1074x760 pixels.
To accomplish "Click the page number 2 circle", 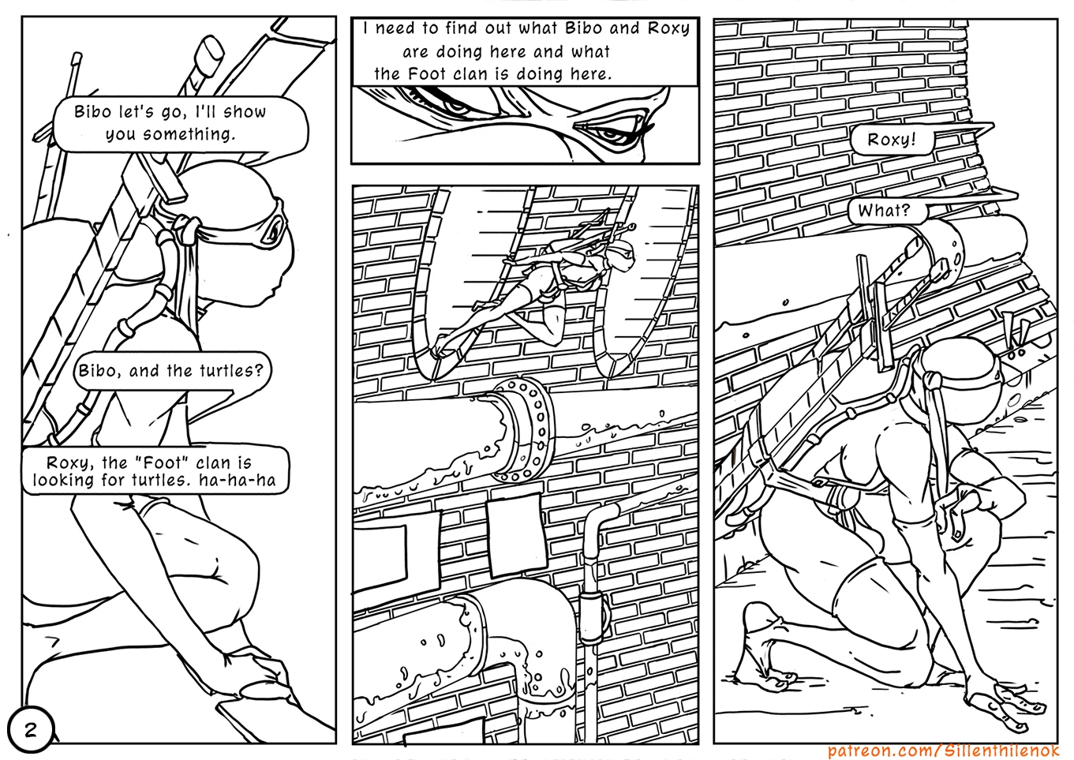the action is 30,730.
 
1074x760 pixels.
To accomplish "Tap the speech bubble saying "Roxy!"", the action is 893,140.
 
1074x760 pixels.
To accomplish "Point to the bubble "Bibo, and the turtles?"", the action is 171,371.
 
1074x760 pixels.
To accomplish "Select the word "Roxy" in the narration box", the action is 668,28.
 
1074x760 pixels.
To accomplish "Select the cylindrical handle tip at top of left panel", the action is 208,51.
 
